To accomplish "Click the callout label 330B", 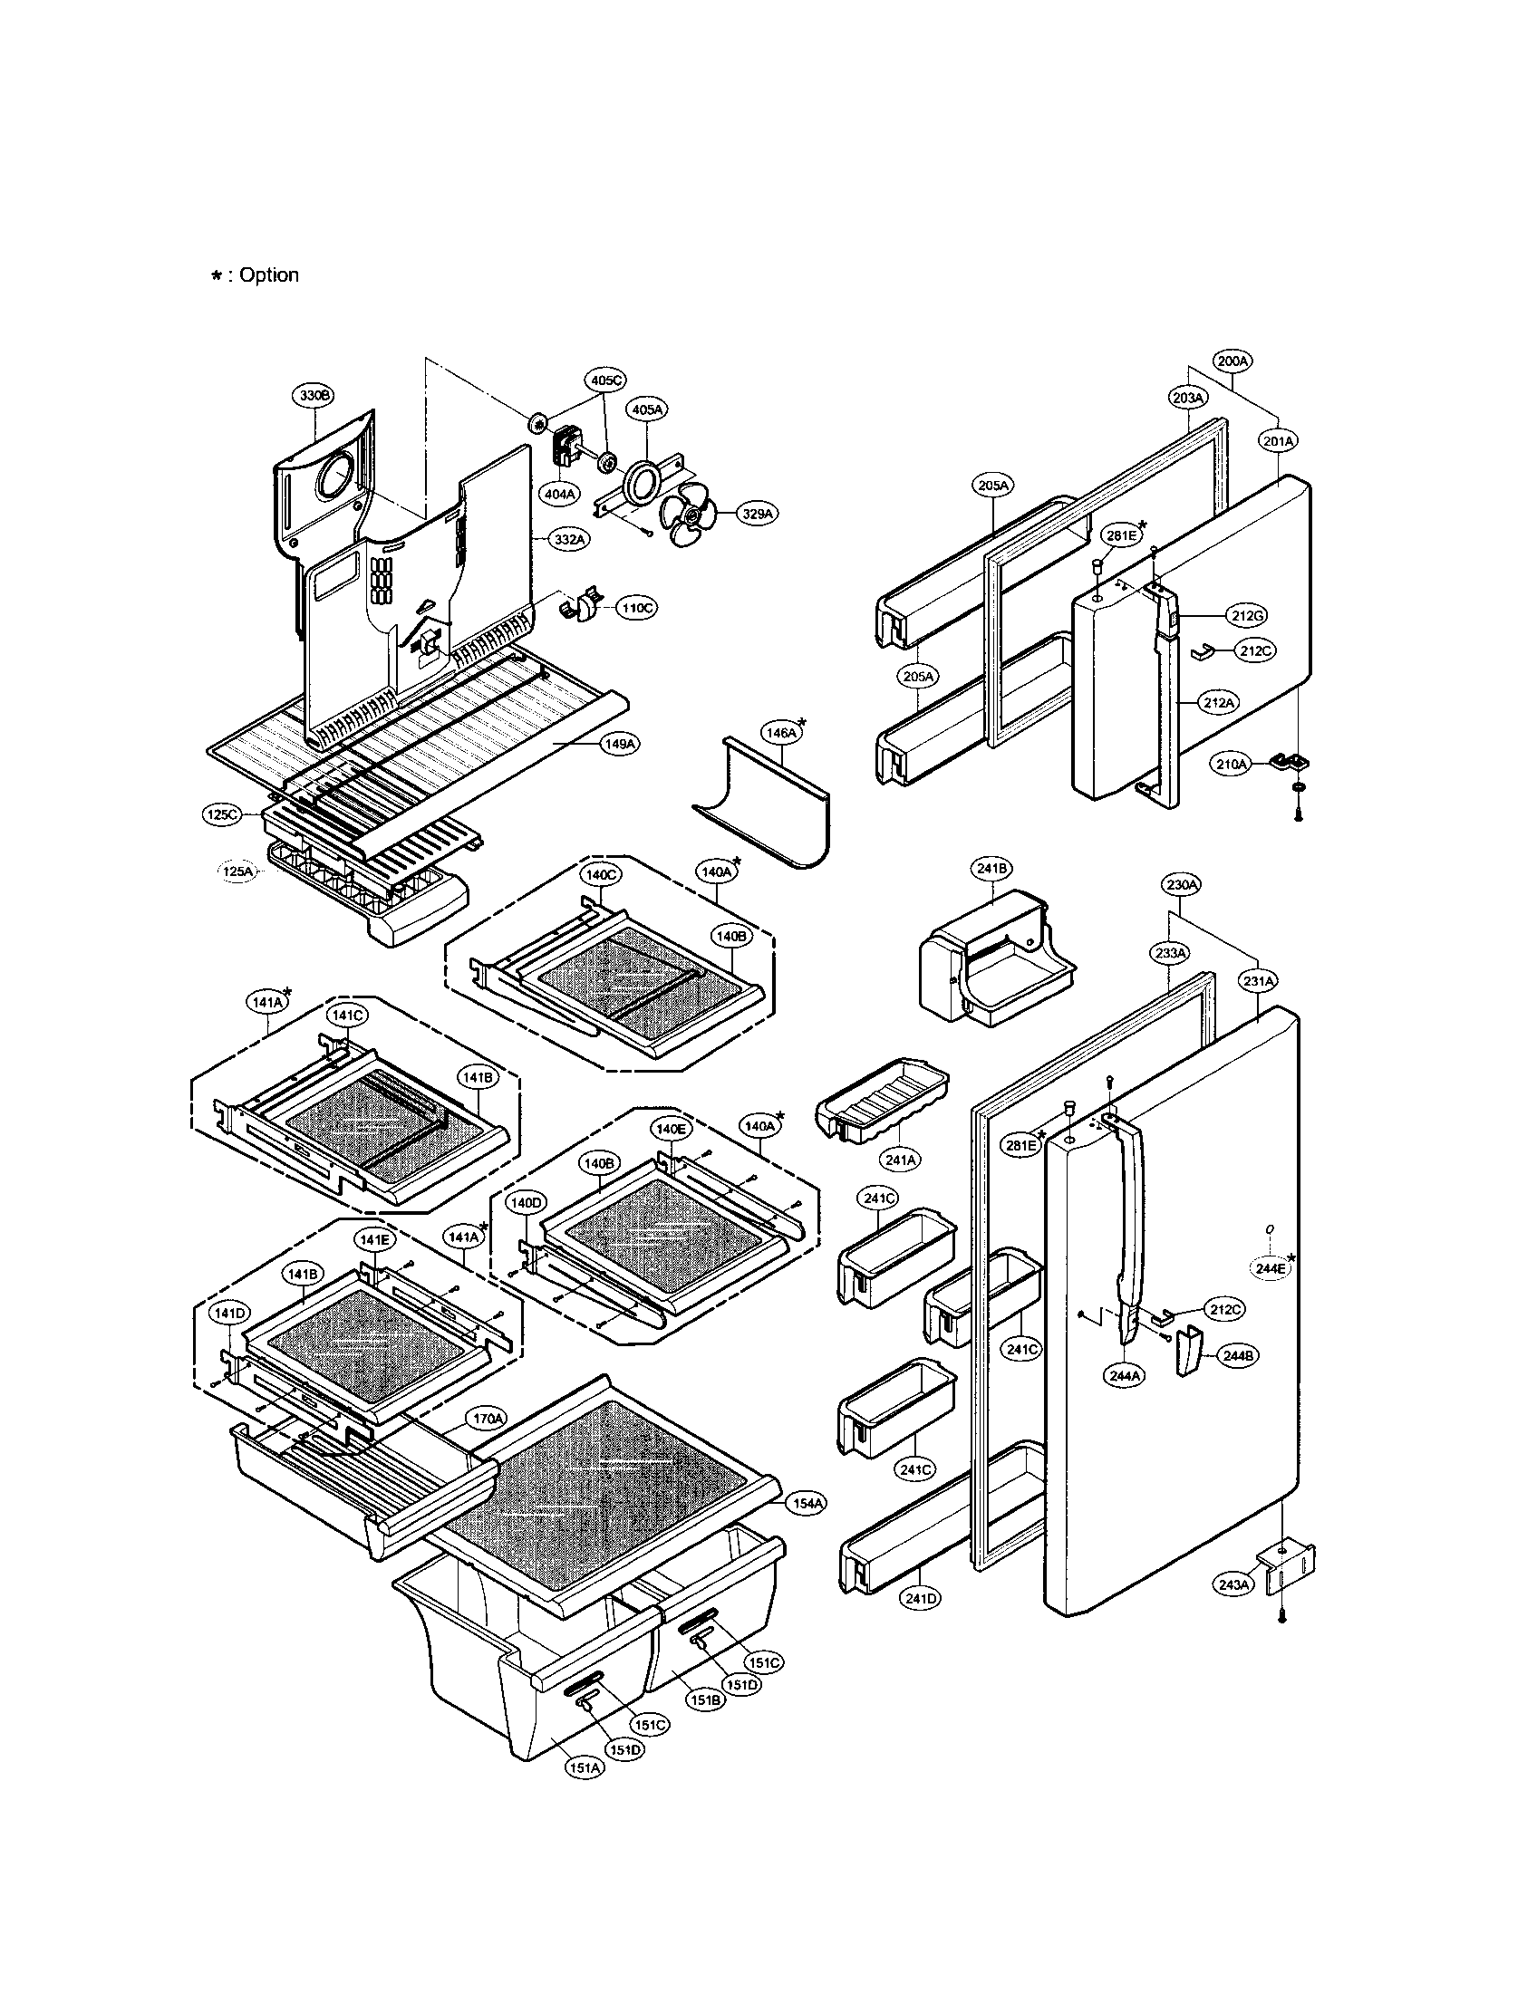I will coord(314,395).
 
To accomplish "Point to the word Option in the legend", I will coord(269,274).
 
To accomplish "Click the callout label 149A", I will coord(619,745).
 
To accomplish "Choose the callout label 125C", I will coord(222,815).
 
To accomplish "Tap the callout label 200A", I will coord(1232,361).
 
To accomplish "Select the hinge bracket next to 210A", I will coord(1288,759).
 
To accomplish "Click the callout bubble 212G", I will coord(1247,616).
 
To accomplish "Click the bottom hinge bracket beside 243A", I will coord(1287,1567).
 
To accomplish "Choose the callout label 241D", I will coord(920,1599).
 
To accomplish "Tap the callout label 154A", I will coord(804,1503).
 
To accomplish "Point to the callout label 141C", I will coord(348,1015).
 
